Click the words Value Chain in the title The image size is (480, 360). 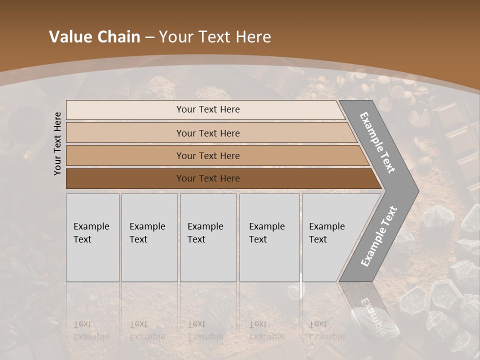coord(94,37)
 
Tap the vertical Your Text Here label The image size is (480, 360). coord(57,143)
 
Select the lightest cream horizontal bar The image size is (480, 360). coord(125,110)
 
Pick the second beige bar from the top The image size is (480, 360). coord(125,133)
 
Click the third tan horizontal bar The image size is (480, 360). coord(125,155)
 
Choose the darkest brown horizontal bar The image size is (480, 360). coord(125,178)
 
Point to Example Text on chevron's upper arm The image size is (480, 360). coord(377,143)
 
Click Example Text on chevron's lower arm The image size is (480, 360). coord(378,236)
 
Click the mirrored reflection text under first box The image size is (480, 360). coord(91,330)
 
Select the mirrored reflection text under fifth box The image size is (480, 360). coord(326,330)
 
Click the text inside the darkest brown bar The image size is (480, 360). coord(208,178)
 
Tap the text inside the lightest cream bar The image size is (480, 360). coord(208,109)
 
